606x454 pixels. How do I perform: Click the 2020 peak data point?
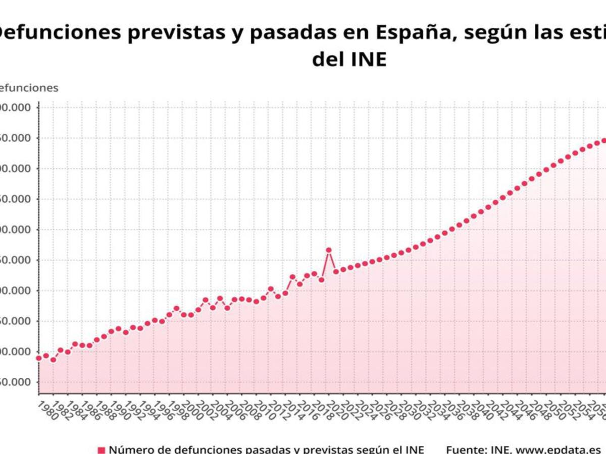pyautogui.click(x=329, y=250)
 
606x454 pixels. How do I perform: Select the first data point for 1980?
pyautogui.click(x=38, y=358)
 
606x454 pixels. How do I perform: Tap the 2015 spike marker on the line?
pyautogui.click(x=292, y=277)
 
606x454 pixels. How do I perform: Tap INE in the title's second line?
pyautogui.click(x=368, y=59)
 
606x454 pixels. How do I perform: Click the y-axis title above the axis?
pyautogui.click(x=28, y=88)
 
